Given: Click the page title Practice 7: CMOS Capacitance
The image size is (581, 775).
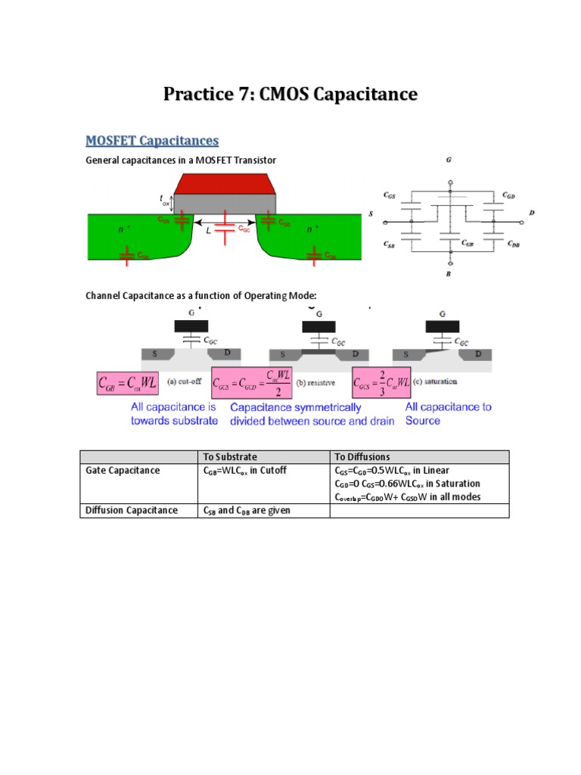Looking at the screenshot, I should click(x=290, y=95).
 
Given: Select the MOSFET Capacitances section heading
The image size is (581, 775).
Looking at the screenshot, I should click(x=152, y=141).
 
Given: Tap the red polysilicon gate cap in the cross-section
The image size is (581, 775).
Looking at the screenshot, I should click(x=225, y=184).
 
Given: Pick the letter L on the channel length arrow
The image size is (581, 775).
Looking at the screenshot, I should click(x=208, y=230).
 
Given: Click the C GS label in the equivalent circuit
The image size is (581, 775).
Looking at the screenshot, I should click(x=390, y=195).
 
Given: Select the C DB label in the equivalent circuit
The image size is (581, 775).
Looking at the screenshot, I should click(x=513, y=244).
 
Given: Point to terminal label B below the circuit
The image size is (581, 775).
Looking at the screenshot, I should click(x=449, y=274).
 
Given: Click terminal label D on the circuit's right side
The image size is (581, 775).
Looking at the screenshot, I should click(x=532, y=213).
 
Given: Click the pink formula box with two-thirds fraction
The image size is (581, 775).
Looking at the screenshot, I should click(x=382, y=383).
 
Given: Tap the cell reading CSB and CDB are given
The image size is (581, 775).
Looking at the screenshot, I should click(x=247, y=510).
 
